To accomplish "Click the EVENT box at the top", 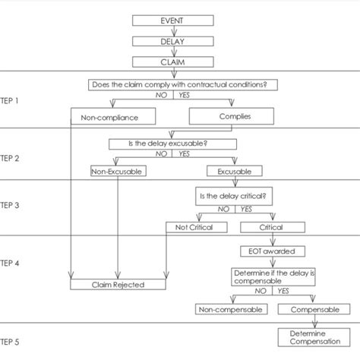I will [175, 21].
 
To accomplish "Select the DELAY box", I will [175, 41].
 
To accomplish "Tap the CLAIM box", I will [175, 62].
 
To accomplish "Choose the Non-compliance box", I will [114, 117].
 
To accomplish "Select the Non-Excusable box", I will [117, 172].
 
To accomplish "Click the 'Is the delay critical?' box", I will [235, 195].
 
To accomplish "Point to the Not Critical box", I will [194, 227].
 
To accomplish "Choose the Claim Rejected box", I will [118, 285].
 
